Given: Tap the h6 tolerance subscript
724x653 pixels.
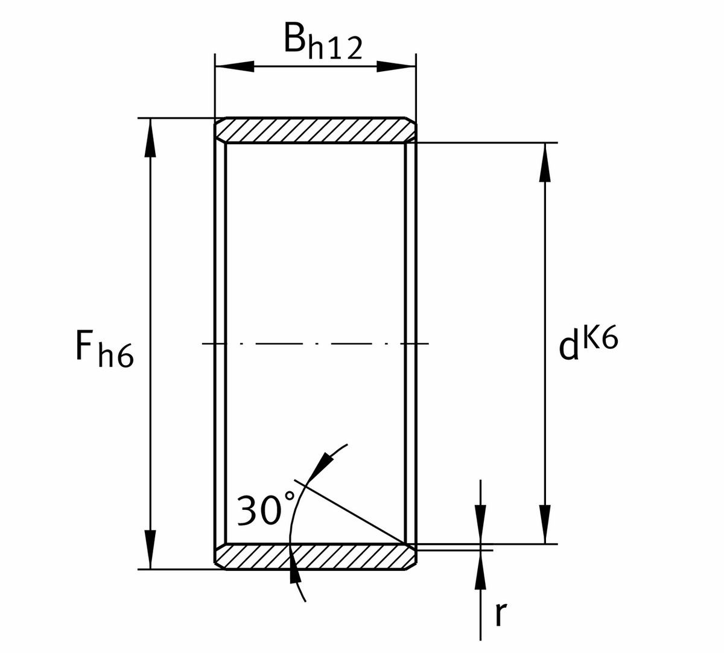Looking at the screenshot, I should [x=115, y=355].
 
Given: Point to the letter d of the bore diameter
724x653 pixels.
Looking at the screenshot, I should [x=568, y=348].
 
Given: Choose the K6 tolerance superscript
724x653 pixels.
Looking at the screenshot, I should [x=600, y=339].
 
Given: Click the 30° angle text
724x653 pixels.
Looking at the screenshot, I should [x=260, y=510].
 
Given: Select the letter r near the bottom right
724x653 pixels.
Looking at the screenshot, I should [x=498, y=614].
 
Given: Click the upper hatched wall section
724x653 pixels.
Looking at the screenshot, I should [x=315, y=130].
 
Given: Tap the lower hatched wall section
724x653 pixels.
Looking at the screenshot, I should [x=315, y=556].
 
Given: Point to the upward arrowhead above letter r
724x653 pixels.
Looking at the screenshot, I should [x=480, y=570].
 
